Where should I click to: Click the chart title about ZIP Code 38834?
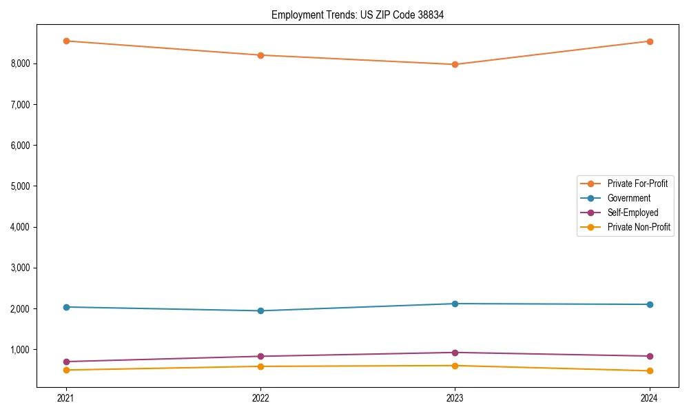[x=357, y=14]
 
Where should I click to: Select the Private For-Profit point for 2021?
[x=66, y=41]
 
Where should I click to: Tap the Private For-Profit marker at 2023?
[x=455, y=64]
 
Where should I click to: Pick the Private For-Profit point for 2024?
[x=649, y=41]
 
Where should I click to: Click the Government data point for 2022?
[x=260, y=310]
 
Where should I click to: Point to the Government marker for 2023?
[x=455, y=304]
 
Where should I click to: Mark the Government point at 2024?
[x=649, y=304]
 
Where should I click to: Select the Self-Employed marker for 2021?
[x=66, y=362]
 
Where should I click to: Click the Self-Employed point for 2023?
[x=455, y=353]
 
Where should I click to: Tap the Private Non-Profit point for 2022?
[x=260, y=366]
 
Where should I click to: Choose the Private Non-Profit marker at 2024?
[x=649, y=371]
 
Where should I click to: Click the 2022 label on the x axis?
[x=260, y=397]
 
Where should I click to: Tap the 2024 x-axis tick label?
[x=649, y=397]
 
